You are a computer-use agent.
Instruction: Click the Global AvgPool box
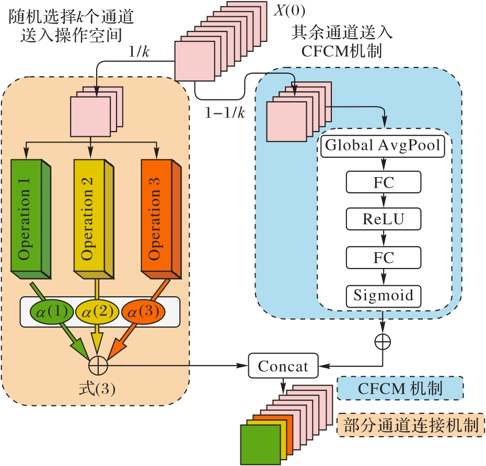coord(384,146)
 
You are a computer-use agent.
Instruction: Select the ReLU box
coord(384,219)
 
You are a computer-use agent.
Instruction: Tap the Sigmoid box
coord(384,296)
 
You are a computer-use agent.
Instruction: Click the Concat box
coord(283,366)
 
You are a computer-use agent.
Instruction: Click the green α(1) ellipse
coord(51,312)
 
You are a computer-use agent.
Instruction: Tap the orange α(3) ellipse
coord(143,312)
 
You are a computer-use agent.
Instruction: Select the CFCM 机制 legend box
coord(400,389)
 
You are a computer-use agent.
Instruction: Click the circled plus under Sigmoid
coord(383,341)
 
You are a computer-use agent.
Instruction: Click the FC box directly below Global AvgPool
coord(384,183)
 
